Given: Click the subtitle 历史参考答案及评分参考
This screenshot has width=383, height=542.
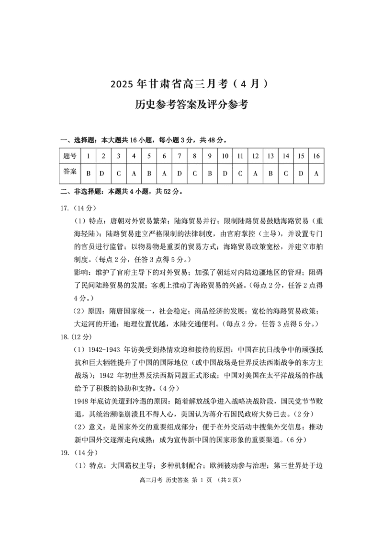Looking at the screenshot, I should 191,105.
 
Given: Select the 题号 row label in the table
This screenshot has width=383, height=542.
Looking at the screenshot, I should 70,156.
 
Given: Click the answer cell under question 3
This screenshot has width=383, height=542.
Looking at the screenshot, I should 118,174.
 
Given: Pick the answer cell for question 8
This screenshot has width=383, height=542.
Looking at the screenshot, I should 195,174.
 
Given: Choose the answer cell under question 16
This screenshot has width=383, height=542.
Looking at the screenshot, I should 316,174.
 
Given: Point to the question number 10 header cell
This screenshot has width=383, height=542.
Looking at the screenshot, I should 225,156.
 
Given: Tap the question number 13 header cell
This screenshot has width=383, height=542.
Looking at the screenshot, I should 270,156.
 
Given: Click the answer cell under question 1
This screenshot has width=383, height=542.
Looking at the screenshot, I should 89,174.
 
